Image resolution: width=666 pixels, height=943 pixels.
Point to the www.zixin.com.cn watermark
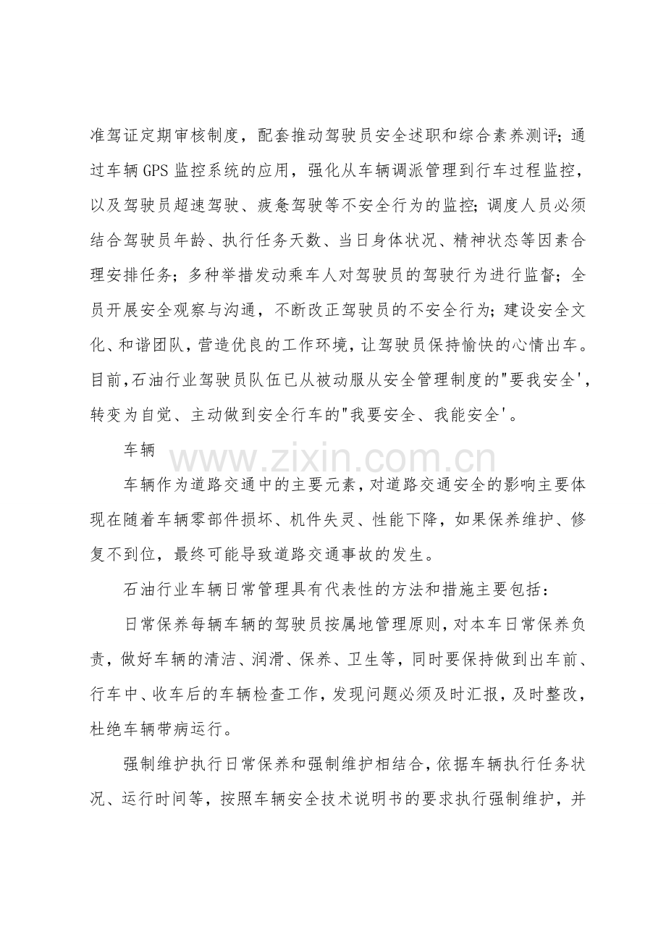tap(333, 461)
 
